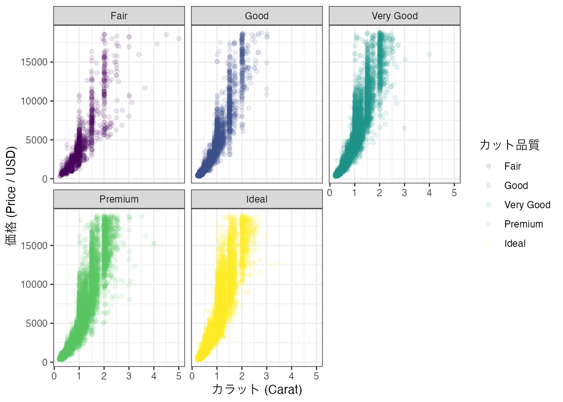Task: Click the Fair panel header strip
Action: [119, 16]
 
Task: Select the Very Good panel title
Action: [395, 16]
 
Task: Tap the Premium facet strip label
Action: [119, 199]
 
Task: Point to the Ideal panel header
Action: [257, 199]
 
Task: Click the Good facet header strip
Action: [257, 16]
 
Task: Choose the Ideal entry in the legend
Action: [515, 244]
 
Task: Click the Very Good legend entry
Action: [527, 205]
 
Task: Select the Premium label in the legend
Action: [523, 224]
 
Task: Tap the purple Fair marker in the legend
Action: [489, 166]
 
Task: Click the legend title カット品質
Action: [509, 145]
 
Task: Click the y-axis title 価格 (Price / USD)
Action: [11, 196]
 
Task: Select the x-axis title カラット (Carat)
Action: [257, 389]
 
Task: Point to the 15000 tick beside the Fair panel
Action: [34, 62]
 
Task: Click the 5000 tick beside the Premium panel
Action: [37, 323]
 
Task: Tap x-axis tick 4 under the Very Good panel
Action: [429, 193]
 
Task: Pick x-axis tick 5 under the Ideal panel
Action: [316, 376]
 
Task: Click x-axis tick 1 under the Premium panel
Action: [79, 376]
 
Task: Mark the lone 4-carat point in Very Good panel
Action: [429, 54]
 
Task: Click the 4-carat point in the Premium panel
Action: [154, 244]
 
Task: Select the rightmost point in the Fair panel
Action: [179, 39]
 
